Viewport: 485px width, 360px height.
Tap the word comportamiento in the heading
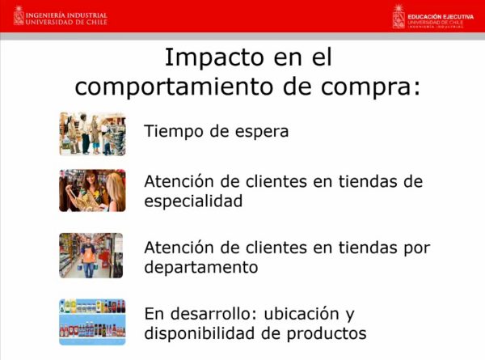coord(174,87)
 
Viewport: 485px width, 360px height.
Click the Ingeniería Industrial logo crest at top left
coord(19,15)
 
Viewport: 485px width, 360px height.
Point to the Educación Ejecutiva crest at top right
coord(399,17)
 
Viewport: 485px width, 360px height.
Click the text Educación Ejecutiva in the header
coord(441,17)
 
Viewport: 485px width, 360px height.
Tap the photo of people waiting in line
coord(92,133)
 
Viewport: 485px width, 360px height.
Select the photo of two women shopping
coord(92,190)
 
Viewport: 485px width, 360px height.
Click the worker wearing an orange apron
coord(88,258)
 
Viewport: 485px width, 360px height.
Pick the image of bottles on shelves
coord(92,322)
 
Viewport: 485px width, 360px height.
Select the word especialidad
coord(193,201)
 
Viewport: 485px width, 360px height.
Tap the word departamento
coord(201,267)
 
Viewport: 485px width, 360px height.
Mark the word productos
coord(327,334)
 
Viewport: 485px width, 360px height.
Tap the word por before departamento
coord(416,248)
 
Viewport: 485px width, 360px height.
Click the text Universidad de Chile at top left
coord(66,23)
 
